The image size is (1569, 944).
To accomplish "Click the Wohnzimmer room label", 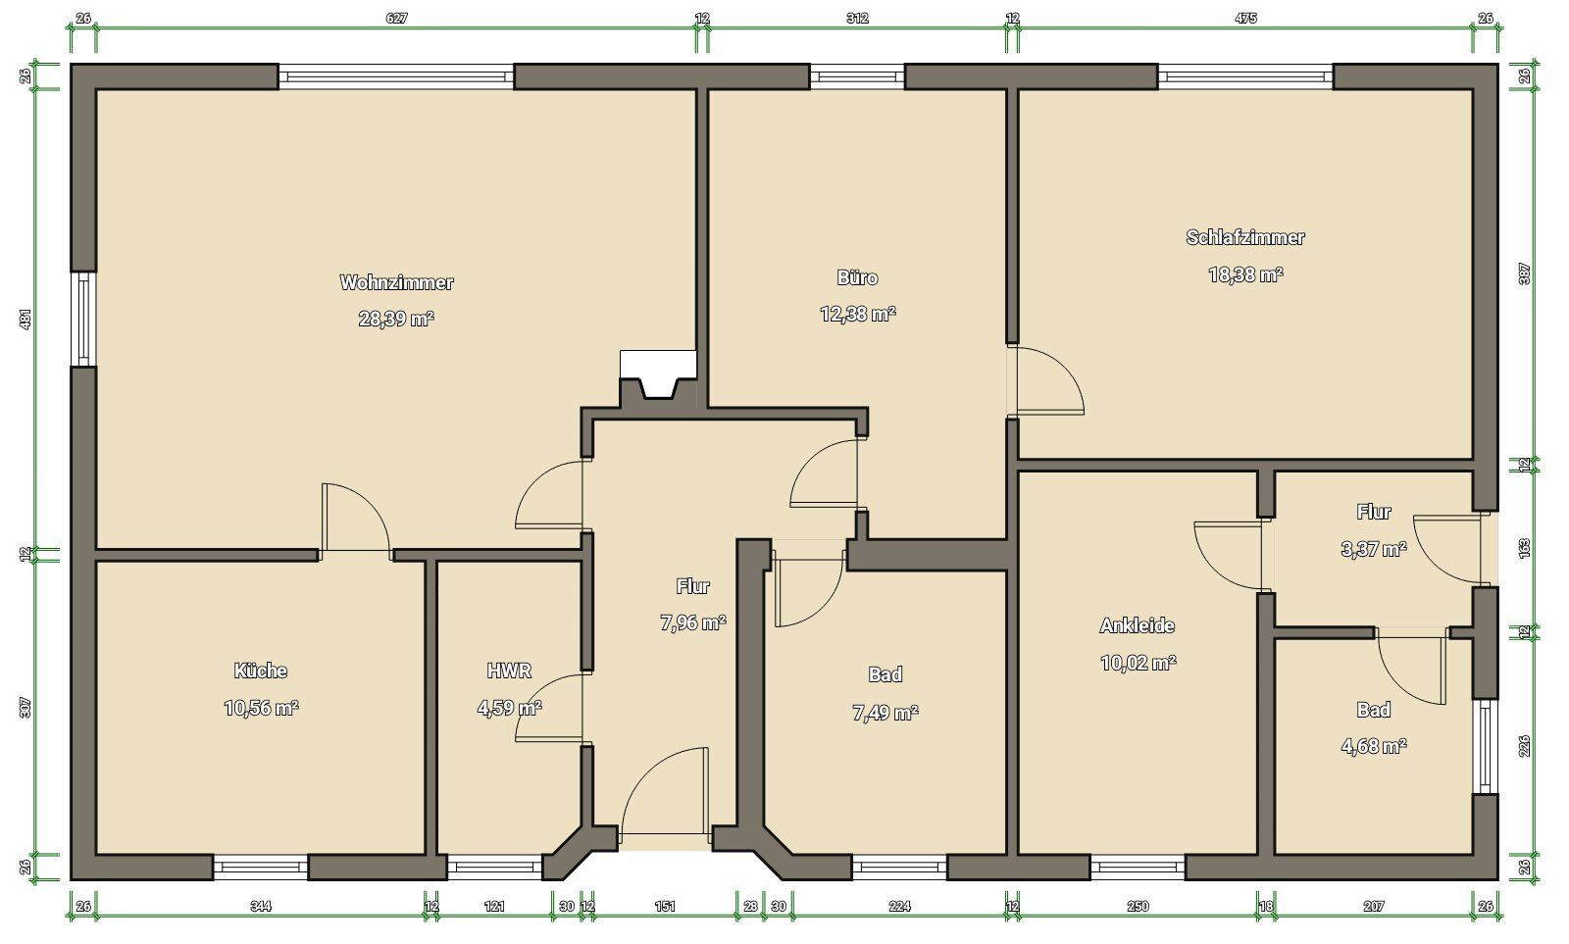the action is [x=396, y=282].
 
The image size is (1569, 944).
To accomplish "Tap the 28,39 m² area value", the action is [x=396, y=320].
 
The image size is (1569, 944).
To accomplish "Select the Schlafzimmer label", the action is [x=1245, y=237].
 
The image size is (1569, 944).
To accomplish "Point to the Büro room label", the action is [x=857, y=277].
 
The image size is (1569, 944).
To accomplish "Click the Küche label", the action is [x=261, y=671].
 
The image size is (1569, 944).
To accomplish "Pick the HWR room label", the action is [x=509, y=671].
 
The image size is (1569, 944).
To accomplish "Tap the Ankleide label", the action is [x=1137, y=625].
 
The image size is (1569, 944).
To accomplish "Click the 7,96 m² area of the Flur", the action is [x=692, y=622].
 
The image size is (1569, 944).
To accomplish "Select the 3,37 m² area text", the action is [x=1374, y=549].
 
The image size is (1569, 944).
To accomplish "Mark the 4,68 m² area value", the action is [x=1374, y=747].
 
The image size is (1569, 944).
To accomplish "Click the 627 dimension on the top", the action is [x=396, y=19].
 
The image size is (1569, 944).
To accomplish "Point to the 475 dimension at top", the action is [x=1245, y=19].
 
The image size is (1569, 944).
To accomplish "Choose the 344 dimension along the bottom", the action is [x=261, y=906].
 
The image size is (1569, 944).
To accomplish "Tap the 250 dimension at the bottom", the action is [x=1138, y=906].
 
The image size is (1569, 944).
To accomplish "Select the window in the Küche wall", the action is [x=261, y=867].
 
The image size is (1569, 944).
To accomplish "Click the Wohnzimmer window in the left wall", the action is [x=83, y=319].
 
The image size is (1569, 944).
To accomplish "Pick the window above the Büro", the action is [x=857, y=76].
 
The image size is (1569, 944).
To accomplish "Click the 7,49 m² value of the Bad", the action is [x=886, y=713].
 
